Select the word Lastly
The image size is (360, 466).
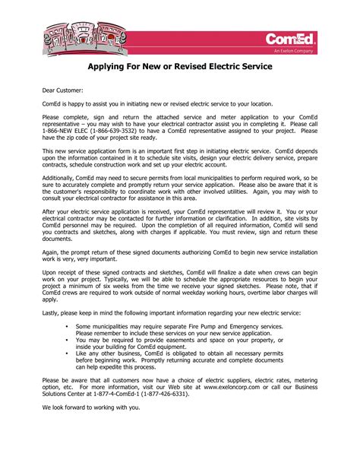[x=52, y=312]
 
